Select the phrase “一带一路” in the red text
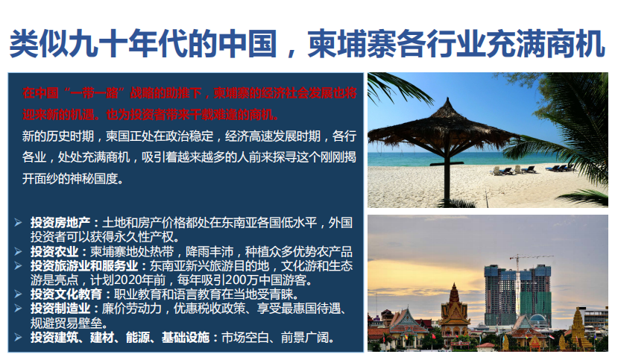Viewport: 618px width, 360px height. (x=94, y=93)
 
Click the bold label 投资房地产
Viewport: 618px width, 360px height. (x=60, y=223)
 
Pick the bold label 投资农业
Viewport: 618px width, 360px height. (x=54, y=252)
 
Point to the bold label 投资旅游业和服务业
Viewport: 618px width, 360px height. (x=84, y=266)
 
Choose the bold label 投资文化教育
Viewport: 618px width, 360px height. (x=66, y=294)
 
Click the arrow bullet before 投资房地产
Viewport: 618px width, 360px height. (x=18, y=223)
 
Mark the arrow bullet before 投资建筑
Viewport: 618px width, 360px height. (x=18, y=337)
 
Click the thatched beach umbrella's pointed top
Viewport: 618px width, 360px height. (x=447, y=100)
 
